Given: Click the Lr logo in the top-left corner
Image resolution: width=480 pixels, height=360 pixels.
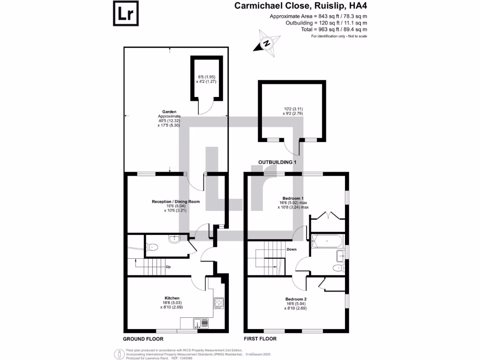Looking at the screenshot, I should coord(125,14).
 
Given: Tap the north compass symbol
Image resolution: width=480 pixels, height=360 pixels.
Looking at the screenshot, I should coord(267,43).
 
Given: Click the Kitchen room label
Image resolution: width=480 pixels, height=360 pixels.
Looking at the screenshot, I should coord(172,299).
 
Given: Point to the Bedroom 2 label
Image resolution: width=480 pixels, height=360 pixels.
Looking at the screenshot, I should coord(296,299).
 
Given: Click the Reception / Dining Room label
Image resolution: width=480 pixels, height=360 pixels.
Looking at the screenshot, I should coord(176,202).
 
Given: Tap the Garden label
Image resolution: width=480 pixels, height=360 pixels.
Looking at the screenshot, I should coord(169,112).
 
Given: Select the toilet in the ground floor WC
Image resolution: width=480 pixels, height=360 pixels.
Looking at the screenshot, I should coord(152,246).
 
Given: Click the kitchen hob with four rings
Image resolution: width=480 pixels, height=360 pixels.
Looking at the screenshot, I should coord(218,302).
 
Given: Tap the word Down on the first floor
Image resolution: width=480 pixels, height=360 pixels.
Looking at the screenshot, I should coord(292,249).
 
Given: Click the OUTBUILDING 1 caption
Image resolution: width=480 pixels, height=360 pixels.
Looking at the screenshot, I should coord(278,162).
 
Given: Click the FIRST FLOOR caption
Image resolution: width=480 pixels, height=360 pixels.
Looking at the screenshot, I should coord(260,338).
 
